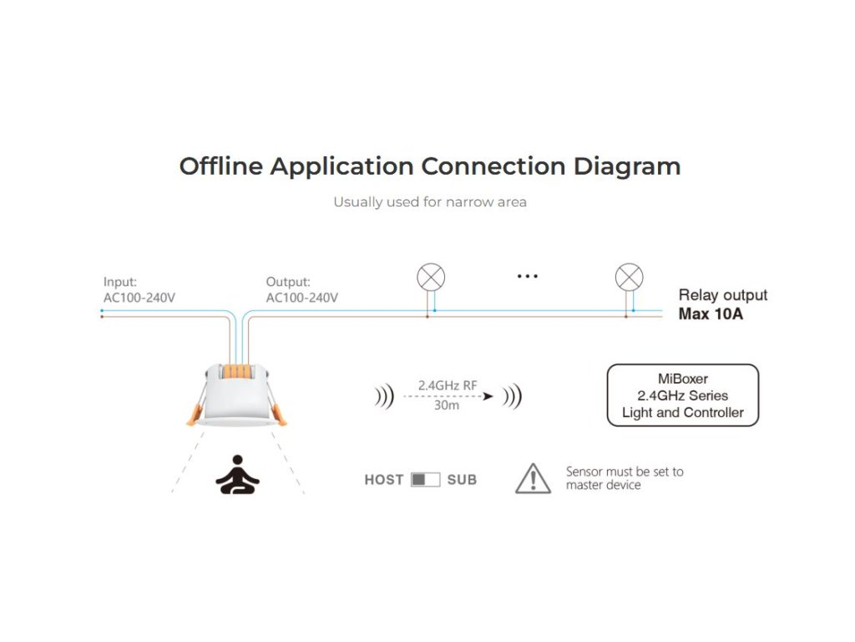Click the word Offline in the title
(220, 166)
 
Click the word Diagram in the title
(626, 166)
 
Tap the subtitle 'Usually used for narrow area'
(430, 202)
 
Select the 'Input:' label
(120, 282)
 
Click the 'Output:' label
(288, 282)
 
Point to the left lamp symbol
(431, 277)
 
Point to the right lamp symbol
(629, 277)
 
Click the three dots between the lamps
(527, 276)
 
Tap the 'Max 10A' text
(711, 315)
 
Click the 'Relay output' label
(722, 295)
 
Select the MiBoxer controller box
(682, 395)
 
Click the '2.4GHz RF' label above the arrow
(448, 385)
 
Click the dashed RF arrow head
(488, 395)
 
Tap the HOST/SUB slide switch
(425, 480)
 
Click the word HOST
(384, 480)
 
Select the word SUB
(462, 480)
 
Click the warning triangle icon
(533, 478)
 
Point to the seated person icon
(237, 474)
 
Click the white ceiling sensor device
(235, 401)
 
